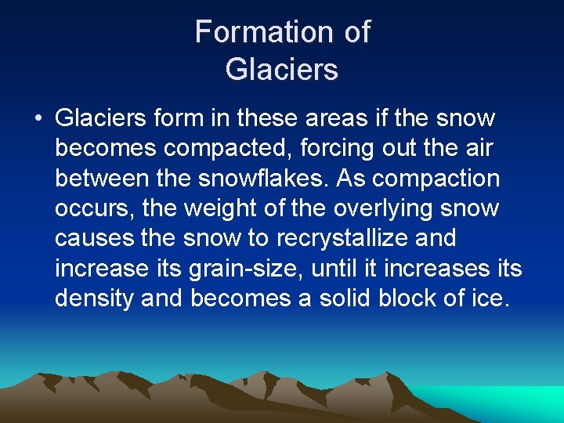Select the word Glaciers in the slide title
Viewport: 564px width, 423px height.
pyautogui.click(x=281, y=69)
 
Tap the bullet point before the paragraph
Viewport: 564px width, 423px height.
pyautogui.click(x=38, y=119)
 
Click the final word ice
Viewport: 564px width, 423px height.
pyautogui.click(x=490, y=298)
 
